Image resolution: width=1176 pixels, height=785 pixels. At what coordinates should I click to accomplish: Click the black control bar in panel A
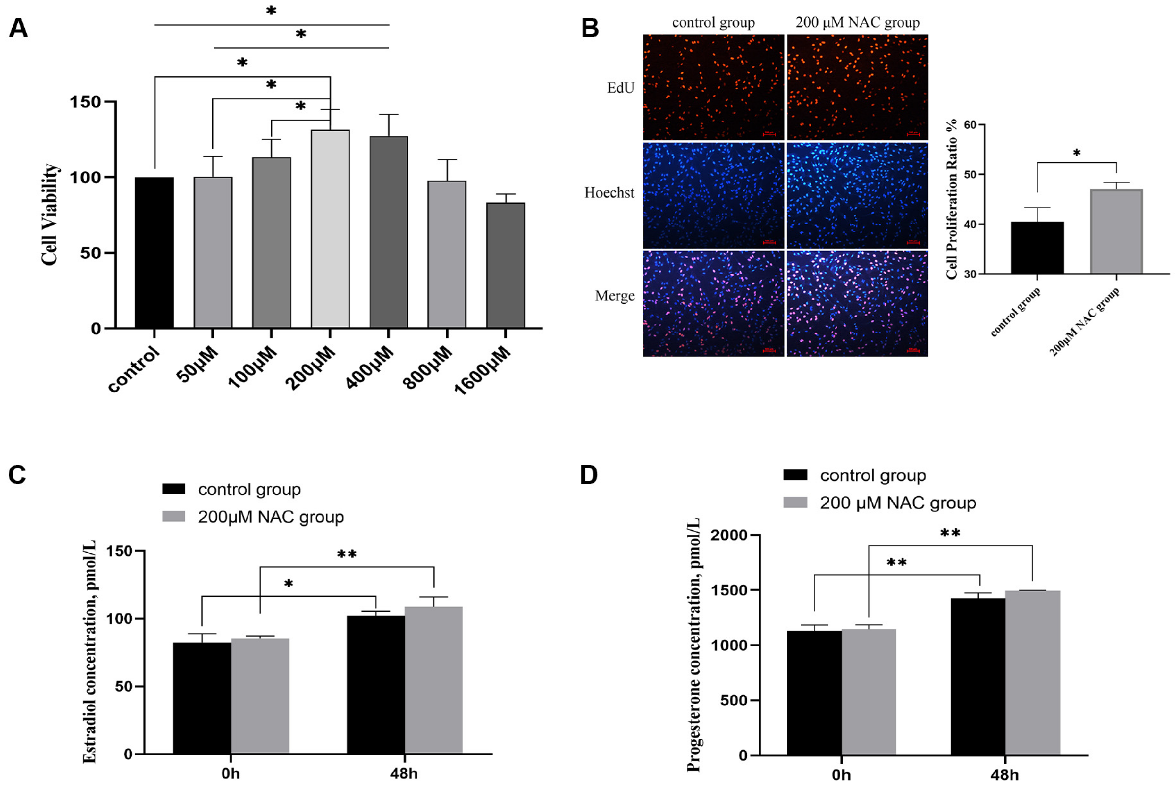point(154,253)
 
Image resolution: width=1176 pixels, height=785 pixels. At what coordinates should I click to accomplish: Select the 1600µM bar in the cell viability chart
point(505,265)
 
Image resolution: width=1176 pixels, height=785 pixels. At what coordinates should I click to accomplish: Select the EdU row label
point(620,88)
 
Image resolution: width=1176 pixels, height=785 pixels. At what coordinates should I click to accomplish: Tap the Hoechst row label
point(609,193)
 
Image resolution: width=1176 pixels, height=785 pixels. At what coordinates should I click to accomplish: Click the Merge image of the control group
point(713,303)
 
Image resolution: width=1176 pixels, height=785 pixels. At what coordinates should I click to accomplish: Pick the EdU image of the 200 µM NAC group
point(857,87)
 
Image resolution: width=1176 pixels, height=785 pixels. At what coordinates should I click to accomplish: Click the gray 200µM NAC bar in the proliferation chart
point(1116,232)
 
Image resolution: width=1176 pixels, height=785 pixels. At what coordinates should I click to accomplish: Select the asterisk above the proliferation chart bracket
point(1076,153)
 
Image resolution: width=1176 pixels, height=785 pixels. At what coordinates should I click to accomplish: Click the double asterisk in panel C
point(346,554)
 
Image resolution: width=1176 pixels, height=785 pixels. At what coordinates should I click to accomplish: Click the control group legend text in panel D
point(873,475)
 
